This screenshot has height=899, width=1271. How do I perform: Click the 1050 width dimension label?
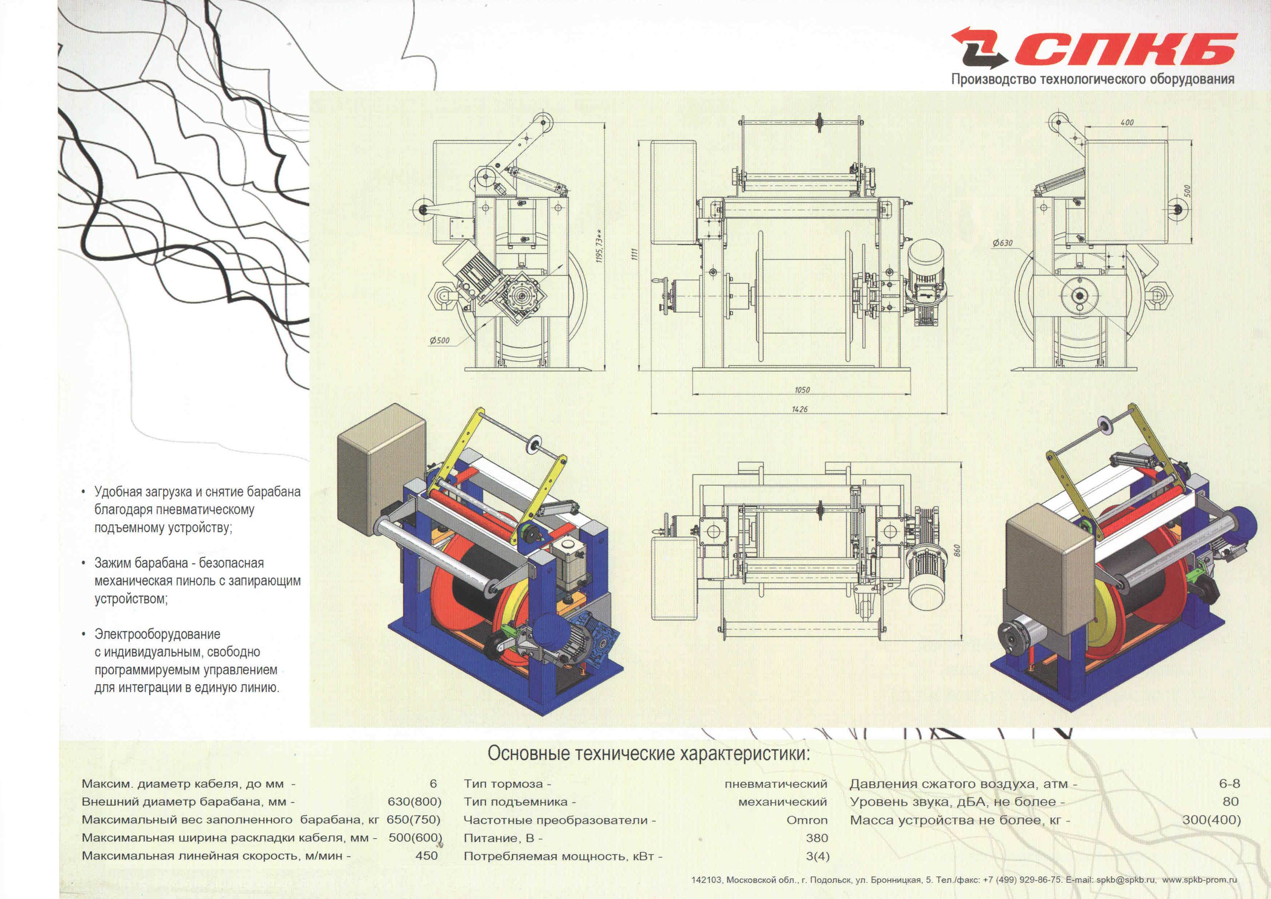coord(802,390)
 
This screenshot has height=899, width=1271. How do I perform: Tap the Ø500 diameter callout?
coord(439,340)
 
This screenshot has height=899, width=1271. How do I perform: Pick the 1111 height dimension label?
coord(635,254)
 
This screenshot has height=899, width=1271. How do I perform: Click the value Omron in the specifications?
coord(807,820)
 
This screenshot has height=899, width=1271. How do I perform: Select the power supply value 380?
coord(817,838)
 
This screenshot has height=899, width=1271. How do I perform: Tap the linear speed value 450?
coord(427,856)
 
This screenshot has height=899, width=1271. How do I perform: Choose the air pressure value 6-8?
coord(1229,784)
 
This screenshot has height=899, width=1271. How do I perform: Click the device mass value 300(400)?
coord(1211,820)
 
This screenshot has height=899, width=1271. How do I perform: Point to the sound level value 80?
coord(1231,801)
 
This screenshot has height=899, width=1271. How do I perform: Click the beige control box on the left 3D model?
coord(382,469)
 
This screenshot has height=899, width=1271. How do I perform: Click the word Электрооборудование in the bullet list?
coord(157,634)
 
